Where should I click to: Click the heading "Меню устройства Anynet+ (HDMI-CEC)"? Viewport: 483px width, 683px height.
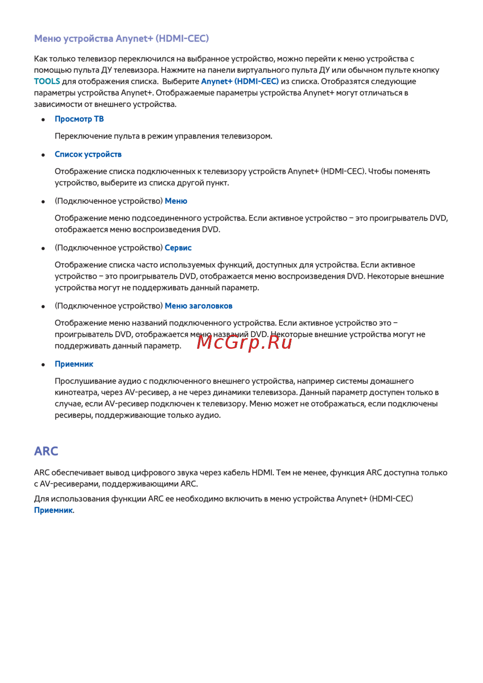point(121,39)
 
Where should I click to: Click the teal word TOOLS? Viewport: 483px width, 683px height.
point(47,81)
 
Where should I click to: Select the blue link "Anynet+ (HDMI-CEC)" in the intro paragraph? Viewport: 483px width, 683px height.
point(240,81)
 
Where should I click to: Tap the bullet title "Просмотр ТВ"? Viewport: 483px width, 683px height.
point(79,119)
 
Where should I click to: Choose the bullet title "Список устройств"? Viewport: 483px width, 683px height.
point(88,154)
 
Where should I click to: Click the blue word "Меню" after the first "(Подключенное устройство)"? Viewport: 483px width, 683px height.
point(176,201)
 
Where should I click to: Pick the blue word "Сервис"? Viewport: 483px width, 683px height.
point(178,248)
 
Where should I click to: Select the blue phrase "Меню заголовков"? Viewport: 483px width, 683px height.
point(199,306)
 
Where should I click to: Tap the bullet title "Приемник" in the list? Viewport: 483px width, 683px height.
point(74,364)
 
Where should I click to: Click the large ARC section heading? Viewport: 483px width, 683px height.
point(46,451)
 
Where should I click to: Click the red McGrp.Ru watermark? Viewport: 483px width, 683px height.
point(244,342)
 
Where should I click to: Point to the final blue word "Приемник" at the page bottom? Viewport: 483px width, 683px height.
point(53,510)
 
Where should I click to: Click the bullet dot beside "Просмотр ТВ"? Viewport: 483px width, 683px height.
point(43,119)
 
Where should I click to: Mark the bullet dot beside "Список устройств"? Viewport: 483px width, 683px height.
point(43,155)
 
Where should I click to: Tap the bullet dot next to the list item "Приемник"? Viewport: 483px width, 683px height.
point(43,365)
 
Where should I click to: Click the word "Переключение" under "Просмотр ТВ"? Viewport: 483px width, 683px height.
point(80,136)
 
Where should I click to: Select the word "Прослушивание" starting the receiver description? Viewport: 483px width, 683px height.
point(83,381)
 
